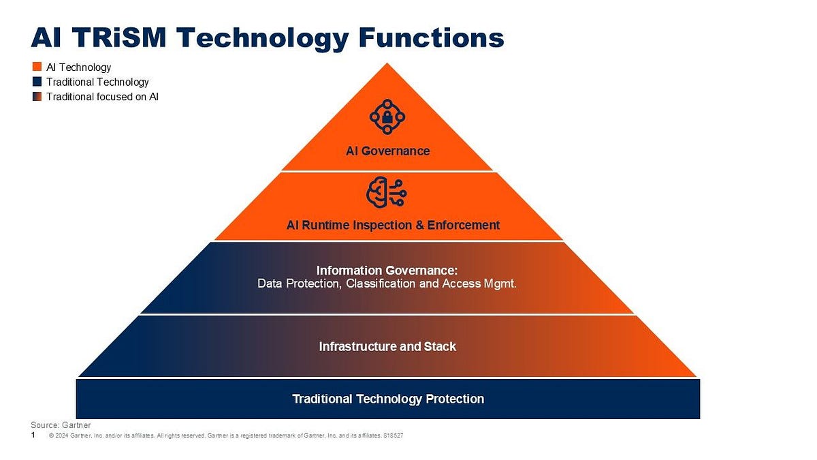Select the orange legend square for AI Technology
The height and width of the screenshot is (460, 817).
(x=37, y=67)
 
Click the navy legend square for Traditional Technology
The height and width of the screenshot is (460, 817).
(x=37, y=82)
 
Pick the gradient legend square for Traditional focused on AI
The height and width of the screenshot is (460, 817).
(x=37, y=97)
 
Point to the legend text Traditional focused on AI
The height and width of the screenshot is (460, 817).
(x=102, y=97)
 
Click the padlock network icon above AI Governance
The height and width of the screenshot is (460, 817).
(x=387, y=117)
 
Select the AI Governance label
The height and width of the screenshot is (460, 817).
(x=387, y=151)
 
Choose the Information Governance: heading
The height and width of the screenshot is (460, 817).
(x=387, y=271)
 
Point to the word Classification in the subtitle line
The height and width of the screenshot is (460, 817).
(x=382, y=283)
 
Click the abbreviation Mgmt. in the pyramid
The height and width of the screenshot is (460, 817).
(x=500, y=283)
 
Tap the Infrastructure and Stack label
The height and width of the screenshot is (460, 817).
(x=387, y=346)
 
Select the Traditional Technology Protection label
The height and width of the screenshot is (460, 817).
(x=388, y=399)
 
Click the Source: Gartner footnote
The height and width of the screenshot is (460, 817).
(x=61, y=425)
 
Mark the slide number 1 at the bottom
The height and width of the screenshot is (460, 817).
(x=33, y=434)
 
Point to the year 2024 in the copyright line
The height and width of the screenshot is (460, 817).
(x=63, y=435)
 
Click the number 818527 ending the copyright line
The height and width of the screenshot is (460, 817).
(x=394, y=435)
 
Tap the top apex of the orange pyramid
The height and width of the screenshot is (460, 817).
(x=387, y=65)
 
